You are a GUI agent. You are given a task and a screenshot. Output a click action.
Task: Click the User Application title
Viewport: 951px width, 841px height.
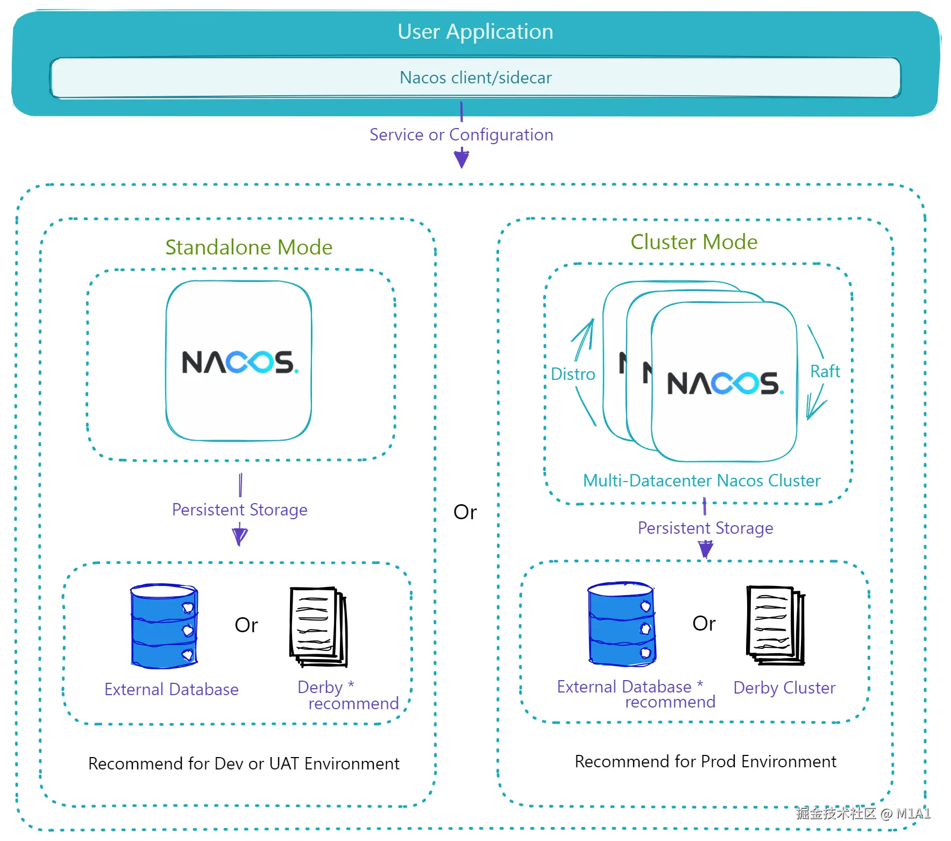coord(475,32)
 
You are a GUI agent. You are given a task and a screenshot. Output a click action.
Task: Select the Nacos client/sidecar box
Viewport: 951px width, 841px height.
coord(475,78)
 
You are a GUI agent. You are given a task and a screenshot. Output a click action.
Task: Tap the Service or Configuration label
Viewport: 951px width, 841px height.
coord(461,135)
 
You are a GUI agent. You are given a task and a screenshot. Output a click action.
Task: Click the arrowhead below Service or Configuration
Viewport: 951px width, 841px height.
coord(461,160)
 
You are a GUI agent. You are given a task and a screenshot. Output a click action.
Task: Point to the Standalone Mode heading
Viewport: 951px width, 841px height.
coord(249,248)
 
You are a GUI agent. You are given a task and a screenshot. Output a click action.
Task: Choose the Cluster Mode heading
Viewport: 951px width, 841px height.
coord(693,242)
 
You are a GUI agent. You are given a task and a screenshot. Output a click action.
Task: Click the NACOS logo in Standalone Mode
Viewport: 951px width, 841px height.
coord(239,362)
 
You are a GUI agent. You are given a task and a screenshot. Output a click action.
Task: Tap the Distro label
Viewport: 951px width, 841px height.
coord(573,374)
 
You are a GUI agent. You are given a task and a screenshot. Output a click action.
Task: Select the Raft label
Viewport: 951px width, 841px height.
coord(825,371)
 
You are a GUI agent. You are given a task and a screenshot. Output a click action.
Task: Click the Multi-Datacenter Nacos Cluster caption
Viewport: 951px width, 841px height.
coord(701,480)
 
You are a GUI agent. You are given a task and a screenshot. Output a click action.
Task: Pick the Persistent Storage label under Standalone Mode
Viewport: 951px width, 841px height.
coord(239,510)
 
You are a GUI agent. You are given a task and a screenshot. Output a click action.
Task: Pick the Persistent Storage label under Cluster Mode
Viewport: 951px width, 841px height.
coord(705,528)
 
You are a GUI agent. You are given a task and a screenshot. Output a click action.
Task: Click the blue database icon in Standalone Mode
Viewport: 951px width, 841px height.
coord(165,626)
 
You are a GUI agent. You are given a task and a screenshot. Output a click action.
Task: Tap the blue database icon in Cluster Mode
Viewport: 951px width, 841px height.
coord(622,624)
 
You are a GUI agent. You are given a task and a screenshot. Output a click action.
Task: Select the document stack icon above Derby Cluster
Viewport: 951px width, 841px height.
coord(775,625)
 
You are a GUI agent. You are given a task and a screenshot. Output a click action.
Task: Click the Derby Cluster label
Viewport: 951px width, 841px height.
coord(784,688)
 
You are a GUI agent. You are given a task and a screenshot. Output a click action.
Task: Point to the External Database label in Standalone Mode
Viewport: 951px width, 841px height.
coord(171,689)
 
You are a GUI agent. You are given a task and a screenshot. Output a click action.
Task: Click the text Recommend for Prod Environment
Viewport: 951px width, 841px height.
coord(705,761)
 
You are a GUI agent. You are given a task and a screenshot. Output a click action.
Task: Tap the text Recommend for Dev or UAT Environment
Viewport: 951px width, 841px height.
coord(244,764)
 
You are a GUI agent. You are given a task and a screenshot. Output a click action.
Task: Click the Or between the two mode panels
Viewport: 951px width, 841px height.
coord(465,512)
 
